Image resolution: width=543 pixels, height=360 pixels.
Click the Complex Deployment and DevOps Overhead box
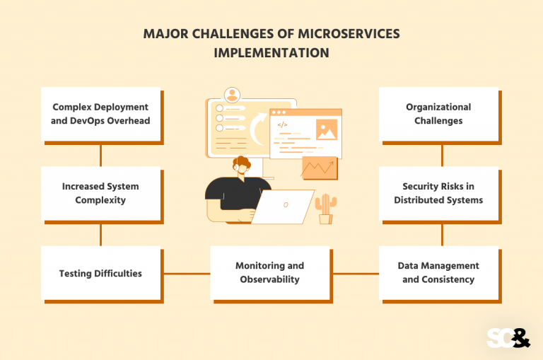click(x=100, y=114)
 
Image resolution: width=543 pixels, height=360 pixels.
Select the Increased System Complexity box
click(x=100, y=193)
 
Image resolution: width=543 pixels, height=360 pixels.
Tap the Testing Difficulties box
click(x=100, y=273)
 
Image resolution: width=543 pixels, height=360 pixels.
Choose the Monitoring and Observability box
click(x=269, y=273)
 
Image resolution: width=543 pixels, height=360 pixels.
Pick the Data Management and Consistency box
click(x=438, y=273)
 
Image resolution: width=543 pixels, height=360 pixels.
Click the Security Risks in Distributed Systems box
click(x=438, y=193)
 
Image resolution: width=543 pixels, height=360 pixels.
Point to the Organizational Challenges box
click(x=438, y=114)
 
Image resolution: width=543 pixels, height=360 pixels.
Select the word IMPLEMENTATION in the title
click(x=271, y=53)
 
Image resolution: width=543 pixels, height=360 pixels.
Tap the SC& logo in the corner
click(x=508, y=337)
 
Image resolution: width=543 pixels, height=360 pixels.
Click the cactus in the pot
click(x=325, y=207)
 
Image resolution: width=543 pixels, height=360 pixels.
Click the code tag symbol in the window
click(x=282, y=125)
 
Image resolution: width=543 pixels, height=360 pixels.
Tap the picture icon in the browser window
click(x=326, y=130)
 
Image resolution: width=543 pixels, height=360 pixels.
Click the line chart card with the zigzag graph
click(x=318, y=167)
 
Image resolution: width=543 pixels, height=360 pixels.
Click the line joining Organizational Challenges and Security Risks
click(x=442, y=153)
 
